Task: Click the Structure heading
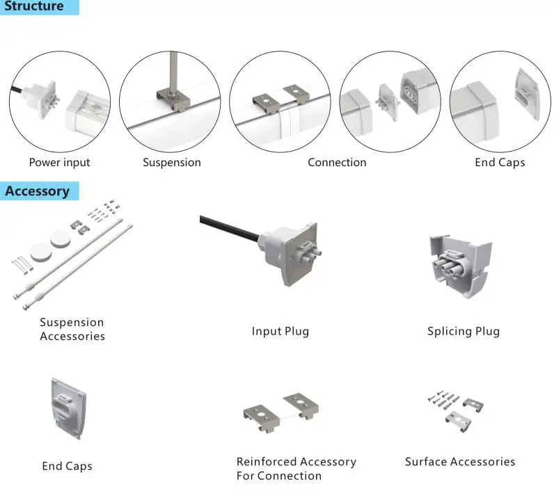click(x=34, y=7)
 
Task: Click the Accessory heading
click(x=38, y=191)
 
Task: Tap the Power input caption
click(x=59, y=163)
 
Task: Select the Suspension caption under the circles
click(x=171, y=163)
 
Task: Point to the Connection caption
click(x=337, y=163)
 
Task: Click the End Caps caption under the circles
click(x=500, y=163)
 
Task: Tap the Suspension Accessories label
click(x=72, y=330)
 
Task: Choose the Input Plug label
click(x=280, y=332)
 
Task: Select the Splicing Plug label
click(x=463, y=332)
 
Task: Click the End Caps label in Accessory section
click(x=67, y=466)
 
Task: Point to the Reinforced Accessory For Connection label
click(x=296, y=469)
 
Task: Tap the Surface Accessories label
click(x=460, y=462)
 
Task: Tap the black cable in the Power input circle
click(x=18, y=92)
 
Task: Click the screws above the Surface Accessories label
click(x=443, y=400)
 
